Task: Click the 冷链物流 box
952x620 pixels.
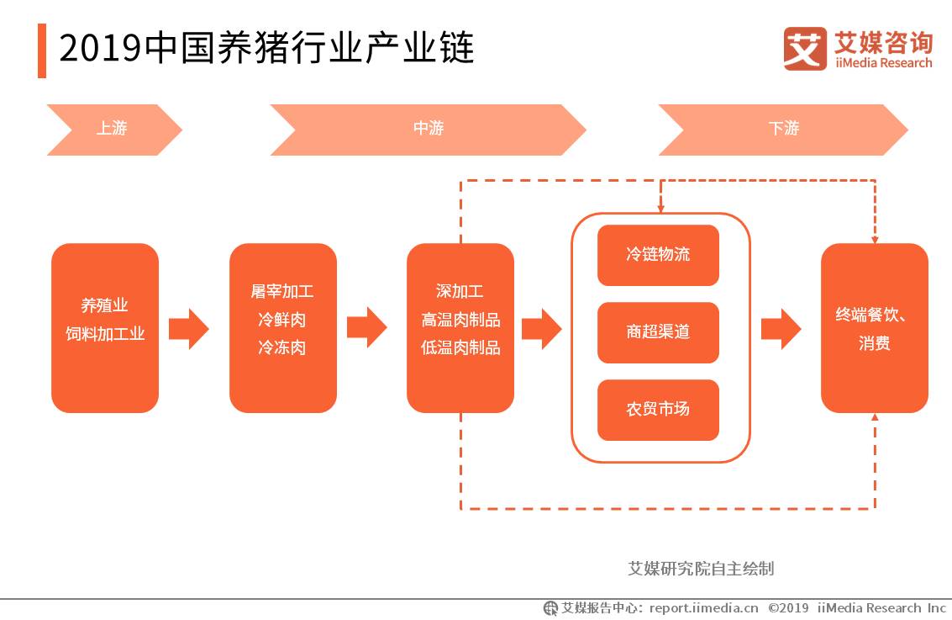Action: (x=658, y=255)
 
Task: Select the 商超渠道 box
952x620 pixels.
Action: (x=658, y=332)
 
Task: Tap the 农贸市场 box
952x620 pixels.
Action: (x=658, y=410)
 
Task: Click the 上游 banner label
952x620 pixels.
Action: (x=112, y=129)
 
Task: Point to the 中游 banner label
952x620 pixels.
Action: (x=428, y=129)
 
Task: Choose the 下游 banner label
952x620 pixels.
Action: (x=783, y=129)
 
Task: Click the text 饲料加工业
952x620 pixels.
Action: (x=106, y=334)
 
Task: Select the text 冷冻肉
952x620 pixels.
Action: (x=282, y=347)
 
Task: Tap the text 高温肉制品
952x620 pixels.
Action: (x=460, y=320)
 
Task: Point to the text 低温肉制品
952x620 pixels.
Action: (x=460, y=347)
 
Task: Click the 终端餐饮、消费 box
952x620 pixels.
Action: (x=874, y=328)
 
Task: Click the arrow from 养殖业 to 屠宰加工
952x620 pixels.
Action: (x=188, y=328)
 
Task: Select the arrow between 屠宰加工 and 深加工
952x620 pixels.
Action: (x=366, y=328)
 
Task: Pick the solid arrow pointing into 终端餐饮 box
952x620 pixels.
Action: (x=781, y=328)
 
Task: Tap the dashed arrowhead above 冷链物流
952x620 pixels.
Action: (x=660, y=207)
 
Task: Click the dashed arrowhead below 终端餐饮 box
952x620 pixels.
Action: (x=875, y=418)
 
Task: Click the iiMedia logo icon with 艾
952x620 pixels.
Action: (x=805, y=48)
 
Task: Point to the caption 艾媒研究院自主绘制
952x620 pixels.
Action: (x=702, y=569)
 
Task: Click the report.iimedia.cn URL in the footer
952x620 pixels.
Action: (x=703, y=608)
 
